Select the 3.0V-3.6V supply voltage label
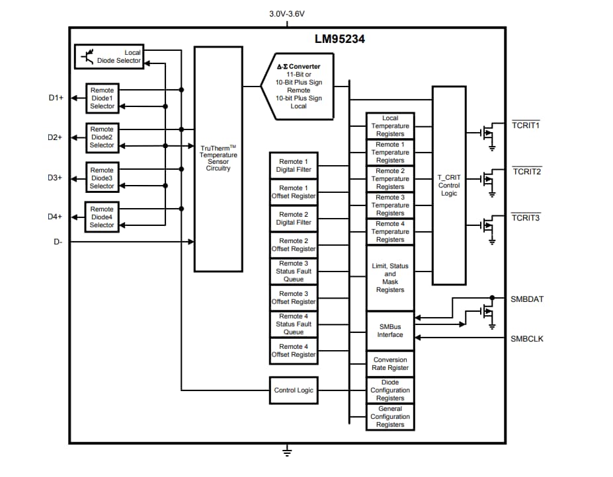287,13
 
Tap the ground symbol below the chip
287,452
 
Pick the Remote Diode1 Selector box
102,98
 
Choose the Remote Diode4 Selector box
102,217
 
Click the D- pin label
58,242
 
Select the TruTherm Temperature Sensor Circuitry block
218,159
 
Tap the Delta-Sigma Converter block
298,86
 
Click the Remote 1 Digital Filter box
293,165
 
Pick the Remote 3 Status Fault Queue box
293,272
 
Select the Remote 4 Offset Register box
293,351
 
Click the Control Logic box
293,390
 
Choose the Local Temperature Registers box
390,126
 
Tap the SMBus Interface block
390,330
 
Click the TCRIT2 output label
526,171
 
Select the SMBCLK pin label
526,339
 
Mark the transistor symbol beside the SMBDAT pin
488,312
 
